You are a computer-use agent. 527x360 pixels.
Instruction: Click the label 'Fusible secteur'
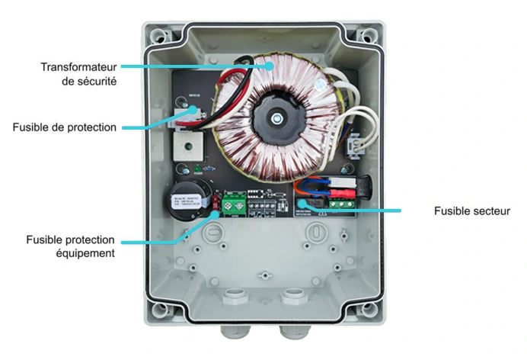coord(471,211)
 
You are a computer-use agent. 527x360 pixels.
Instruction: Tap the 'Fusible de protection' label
coord(65,127)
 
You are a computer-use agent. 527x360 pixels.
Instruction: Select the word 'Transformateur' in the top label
coord(78,66)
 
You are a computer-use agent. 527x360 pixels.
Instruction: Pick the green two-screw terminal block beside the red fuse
coord(235,204)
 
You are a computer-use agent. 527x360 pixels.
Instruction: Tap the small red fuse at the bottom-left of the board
coord(216,204)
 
